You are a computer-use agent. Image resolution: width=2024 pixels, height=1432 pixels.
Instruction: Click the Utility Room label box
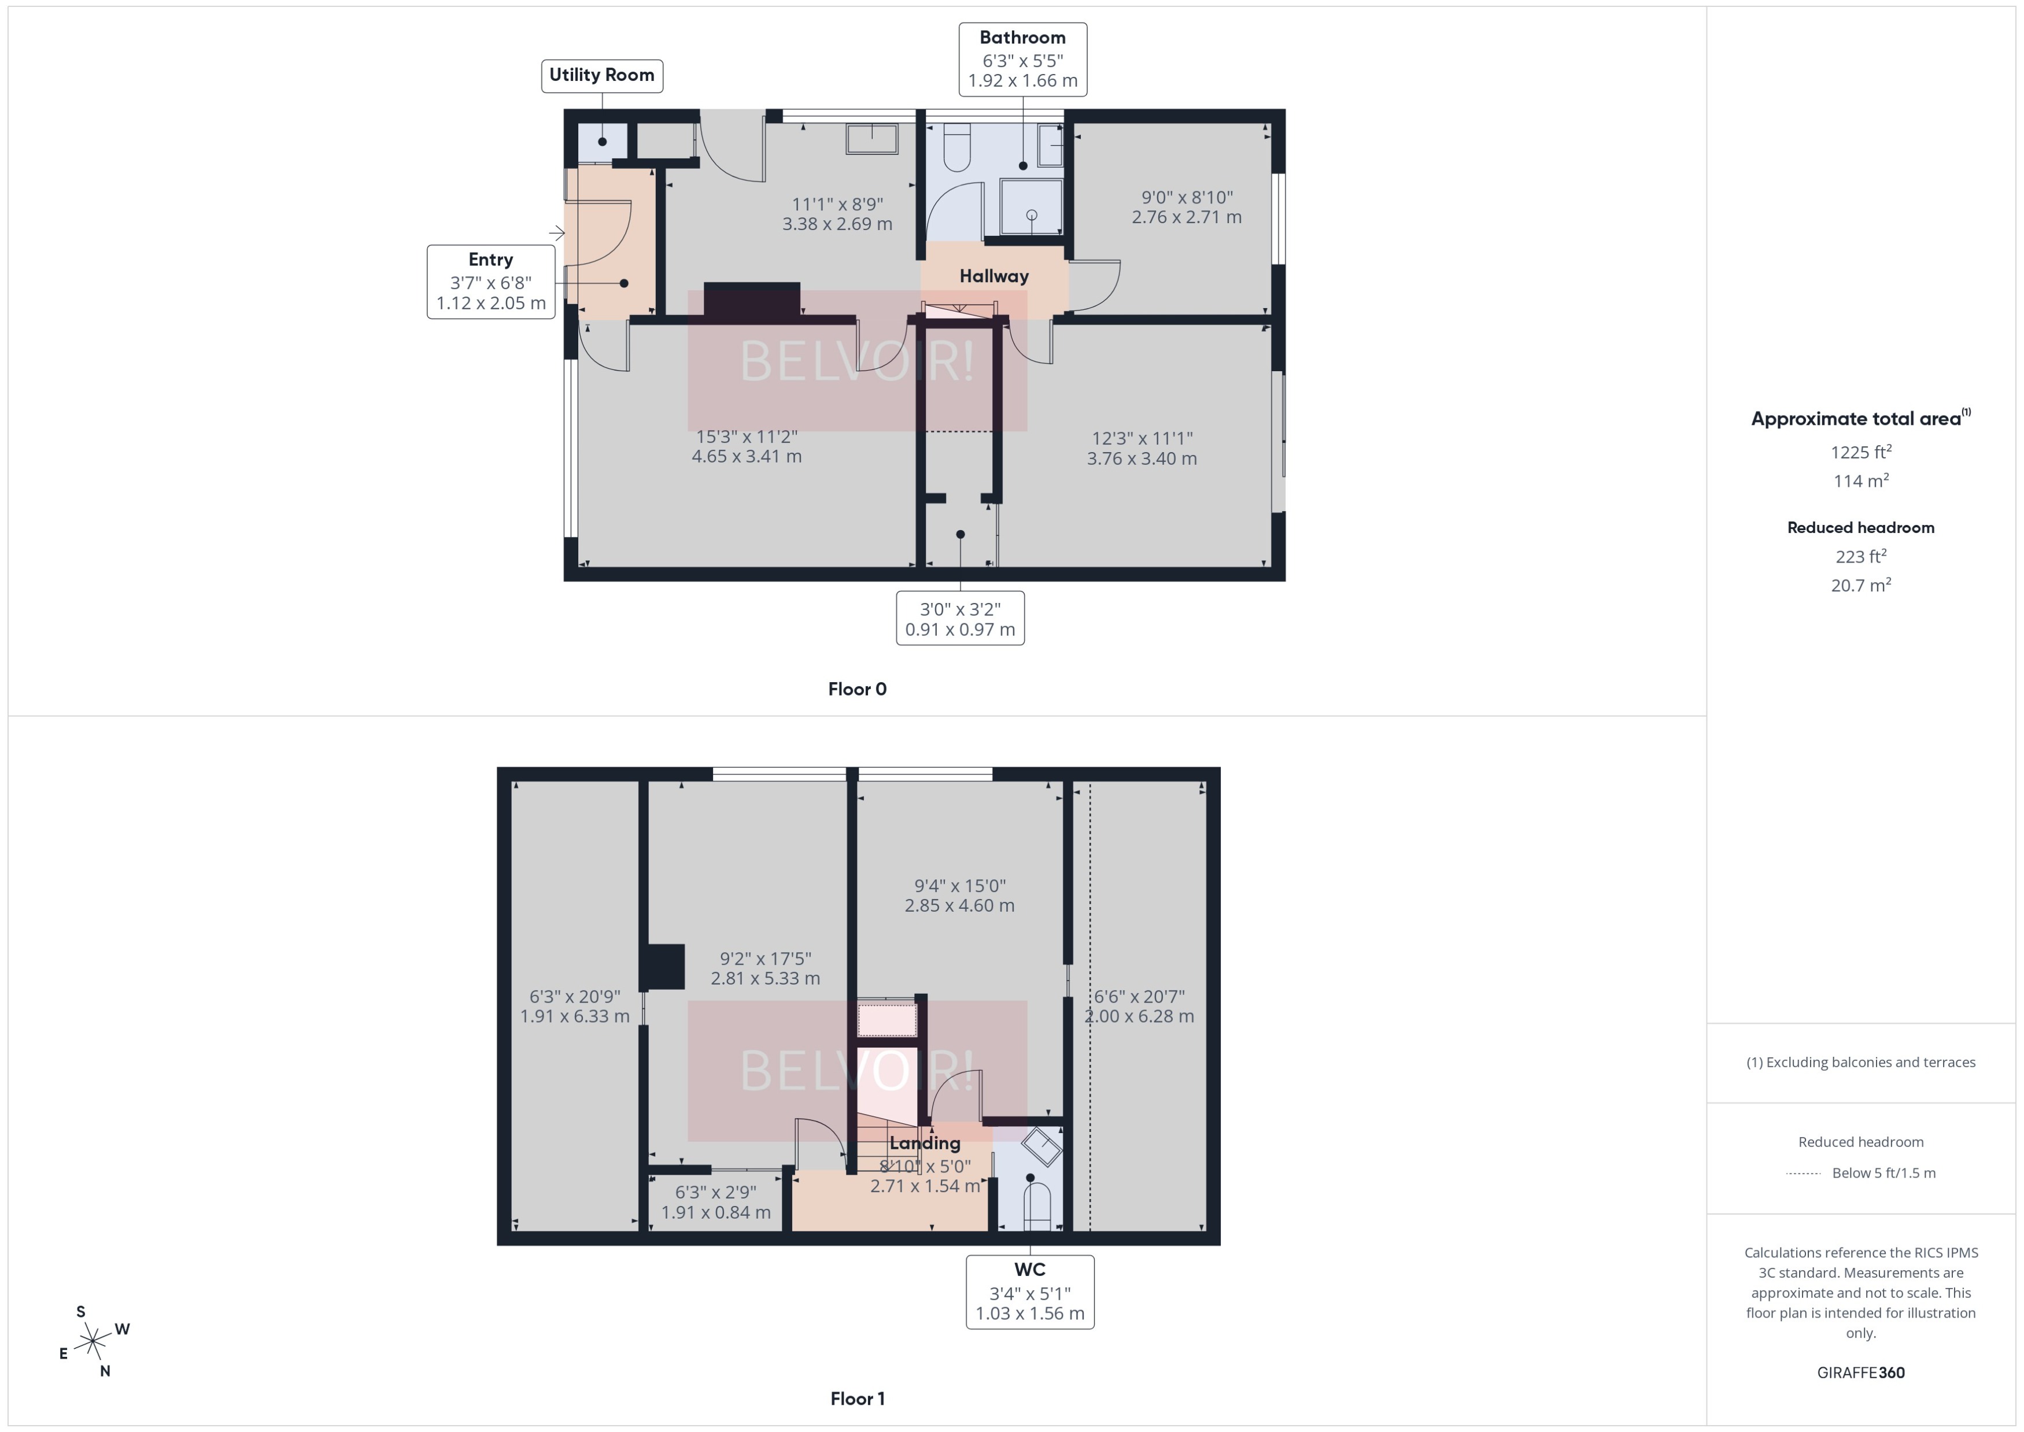(x=601, y=75)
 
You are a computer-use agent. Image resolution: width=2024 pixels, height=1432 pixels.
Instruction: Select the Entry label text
(x=490, y=259)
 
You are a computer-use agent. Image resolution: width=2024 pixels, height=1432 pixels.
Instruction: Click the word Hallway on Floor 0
(x=994, y=276)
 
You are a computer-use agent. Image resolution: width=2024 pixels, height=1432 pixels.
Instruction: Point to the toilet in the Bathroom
(x=957, y=148)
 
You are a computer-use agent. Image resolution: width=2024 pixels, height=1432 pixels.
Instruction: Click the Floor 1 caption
(x=856, y=1398)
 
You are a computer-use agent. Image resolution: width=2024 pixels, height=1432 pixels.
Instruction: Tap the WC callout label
(x=1029, y=1270)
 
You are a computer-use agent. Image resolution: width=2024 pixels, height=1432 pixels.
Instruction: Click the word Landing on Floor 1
(x=924, y=1144)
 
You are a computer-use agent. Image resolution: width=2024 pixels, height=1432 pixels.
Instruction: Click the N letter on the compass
(x=105, y=1371)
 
